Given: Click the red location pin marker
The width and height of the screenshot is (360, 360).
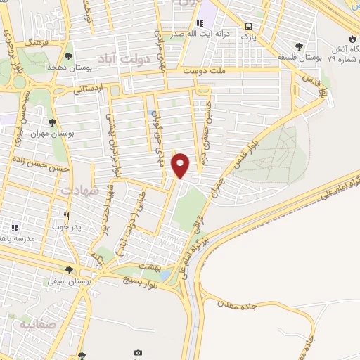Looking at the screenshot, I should pyautogui.click(x=181, y=165).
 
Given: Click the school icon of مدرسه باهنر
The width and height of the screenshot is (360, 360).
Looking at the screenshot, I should pyautogui.click(x=15, y=228).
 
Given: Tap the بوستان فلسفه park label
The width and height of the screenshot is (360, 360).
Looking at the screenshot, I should pyautogui.click(x=300, y=57).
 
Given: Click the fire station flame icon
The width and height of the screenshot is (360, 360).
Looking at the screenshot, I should pyautogui.click(x=353, y=37).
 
